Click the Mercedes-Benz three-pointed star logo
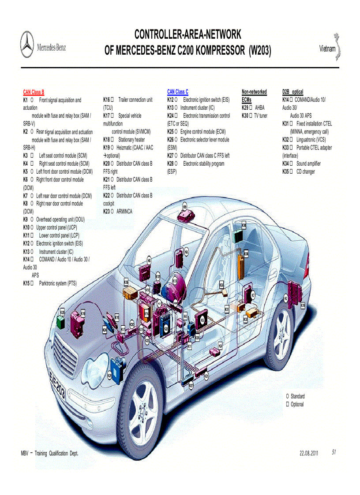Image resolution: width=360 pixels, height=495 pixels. pyautogui.click(x=27, y=44)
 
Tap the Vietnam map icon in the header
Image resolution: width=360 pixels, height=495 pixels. pyautogui.click(x=339, y=47)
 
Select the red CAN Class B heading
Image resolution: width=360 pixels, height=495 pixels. pyautogui.click(x=34, y=92)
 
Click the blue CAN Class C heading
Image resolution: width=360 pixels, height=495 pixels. pyautogui.click(x=177, y=92)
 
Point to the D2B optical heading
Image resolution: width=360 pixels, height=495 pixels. pyautogui.click(x=292, y=92)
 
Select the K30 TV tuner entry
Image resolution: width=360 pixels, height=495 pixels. pyautogui.click(x=255, y=116)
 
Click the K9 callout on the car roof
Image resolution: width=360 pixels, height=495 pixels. pyautogui.click(x=184, y=207)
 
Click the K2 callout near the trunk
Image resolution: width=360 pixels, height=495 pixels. pyautogui.click(x=285, y=298)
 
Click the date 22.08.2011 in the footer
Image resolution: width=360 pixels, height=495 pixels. pyautogui.click(x=309, y=453)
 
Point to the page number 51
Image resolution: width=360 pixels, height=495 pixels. pyautogui.click(x=334, y=452)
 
